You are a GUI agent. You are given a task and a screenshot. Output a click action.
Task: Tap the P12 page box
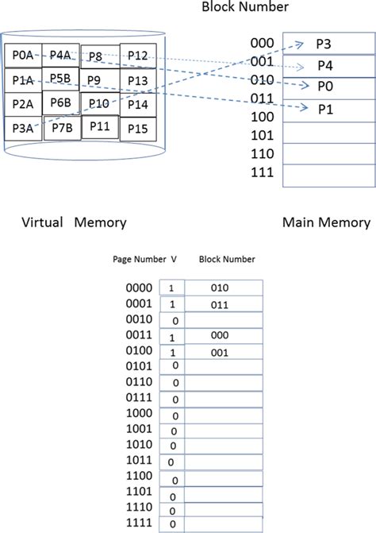pos(137,55)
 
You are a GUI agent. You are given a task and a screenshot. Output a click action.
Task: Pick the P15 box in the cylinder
pos(137,128)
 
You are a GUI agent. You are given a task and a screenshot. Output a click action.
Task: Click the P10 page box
pos(99,104)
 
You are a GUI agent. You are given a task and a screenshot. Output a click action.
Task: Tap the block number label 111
pos(261,172)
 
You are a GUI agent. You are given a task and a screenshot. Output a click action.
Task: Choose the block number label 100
pos(261,117)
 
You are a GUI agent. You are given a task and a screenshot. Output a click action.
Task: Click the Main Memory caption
pos(326,222)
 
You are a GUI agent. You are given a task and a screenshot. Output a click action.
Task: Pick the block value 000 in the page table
pos(221,336)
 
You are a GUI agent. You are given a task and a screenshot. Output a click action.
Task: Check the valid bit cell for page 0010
pos(174,320)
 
